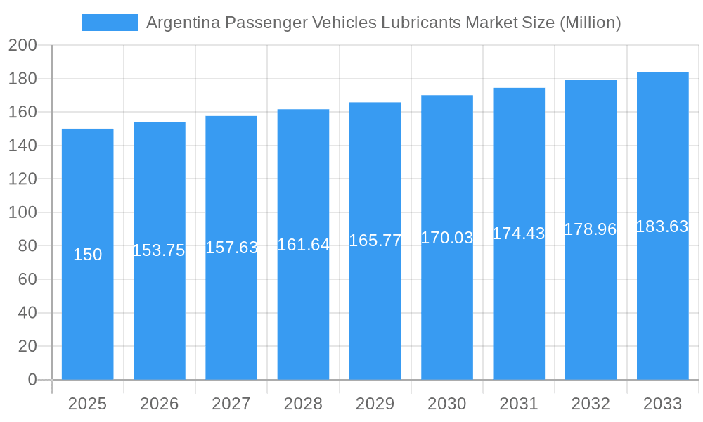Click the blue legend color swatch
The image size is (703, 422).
pyautogui.click(x=109, y=23)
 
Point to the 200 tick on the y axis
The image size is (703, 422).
pyautogui.click(x=22, y=46)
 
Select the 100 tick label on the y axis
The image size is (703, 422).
pyautogui.click(x=22, y=212)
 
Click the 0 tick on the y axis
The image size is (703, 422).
pyautogui.click(x=32, y=380)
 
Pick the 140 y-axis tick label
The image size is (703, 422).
pyautogui.click(x=22, y=146)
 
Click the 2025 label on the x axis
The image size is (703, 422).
pyautogui.click(x=87, y=404)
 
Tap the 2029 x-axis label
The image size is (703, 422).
pyautogui.click(x=375, y=404)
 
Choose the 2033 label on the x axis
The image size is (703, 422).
pyautogui.click(x=662, y=404)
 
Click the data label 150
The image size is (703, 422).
pyautogui.click(x=87, y=255)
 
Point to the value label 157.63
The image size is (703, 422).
pyautogui.click(x=231, y=248)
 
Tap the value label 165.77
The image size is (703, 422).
pyautogui.click(x=375, y=241)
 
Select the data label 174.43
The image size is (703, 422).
pyautogui.click(x=519, y=234)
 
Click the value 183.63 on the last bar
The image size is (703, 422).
pyautogui.click(x=662, y=226)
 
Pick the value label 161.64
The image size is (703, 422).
pyautogui.click(x=303, y=244)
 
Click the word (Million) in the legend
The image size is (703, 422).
pyautogui.click(x=590, y=23)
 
